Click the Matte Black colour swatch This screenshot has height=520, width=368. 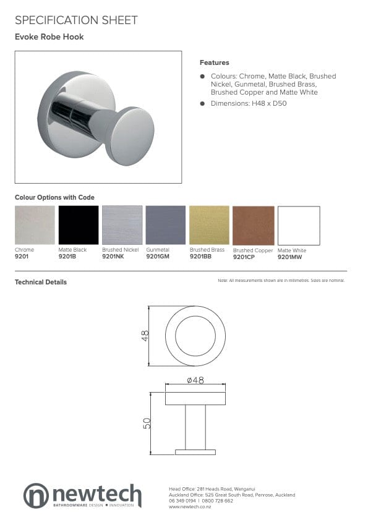79,225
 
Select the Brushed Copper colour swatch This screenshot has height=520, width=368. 253,226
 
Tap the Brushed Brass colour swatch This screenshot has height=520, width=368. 209,225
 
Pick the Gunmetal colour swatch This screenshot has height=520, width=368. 165,225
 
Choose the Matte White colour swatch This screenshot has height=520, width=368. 299,226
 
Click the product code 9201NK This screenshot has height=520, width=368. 113,255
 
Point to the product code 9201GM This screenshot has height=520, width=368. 157,255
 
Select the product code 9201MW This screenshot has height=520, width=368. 289,256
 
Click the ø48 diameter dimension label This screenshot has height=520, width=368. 195,381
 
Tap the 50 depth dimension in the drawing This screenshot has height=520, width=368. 147,424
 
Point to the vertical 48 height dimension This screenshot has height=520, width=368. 146,336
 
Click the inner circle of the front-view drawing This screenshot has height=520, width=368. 195,336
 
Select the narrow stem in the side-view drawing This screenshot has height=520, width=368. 195,427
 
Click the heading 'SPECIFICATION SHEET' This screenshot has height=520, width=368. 76,20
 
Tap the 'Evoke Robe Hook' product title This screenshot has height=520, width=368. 49,37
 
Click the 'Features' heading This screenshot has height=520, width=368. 214,62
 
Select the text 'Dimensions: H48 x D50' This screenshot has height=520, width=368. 248,103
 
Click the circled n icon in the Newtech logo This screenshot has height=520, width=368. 36,495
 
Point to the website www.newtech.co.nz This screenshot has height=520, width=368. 190,507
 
